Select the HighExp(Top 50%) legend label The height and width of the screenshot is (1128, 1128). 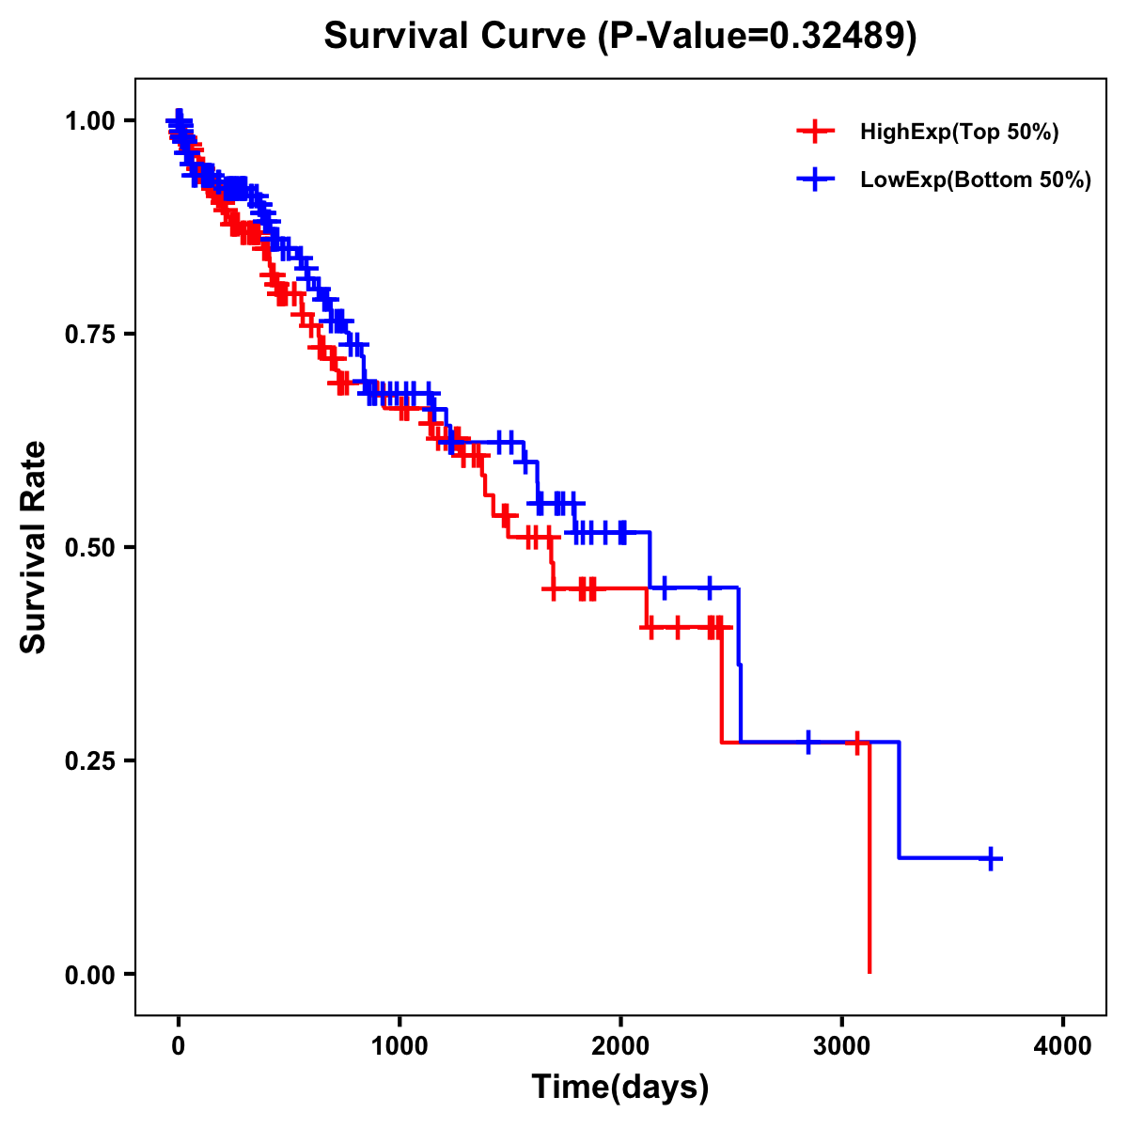tap(960, 133)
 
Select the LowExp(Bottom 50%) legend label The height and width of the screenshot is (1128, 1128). tap(976, 180)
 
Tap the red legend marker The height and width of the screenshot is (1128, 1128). tap(815, 133)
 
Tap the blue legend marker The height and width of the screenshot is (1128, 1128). tap(815, 180)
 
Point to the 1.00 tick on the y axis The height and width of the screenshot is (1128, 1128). tap(90, 120)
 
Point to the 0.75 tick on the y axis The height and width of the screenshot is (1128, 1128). tap(90, 334)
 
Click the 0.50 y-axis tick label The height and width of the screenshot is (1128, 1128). tap(90, 547)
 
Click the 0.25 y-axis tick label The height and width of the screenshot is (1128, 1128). tap(90, 760)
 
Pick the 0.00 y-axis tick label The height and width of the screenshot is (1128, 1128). tap(90, 974)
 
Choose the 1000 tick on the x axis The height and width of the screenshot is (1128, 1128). tap(399, 1046)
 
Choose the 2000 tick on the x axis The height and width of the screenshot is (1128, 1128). tap(620, 1046)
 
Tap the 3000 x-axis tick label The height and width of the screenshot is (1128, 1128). tap(842, 1046)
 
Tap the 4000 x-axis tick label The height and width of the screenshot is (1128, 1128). tap(1063, 1046)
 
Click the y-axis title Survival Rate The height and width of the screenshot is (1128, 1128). tap(34, 547)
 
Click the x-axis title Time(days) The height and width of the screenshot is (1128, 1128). tap(620, 1088)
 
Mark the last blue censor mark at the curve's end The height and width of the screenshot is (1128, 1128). tap(991, 858)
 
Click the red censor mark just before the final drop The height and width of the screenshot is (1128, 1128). tap(856, 743)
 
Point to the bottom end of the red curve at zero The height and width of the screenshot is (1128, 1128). tap(869, 972)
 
